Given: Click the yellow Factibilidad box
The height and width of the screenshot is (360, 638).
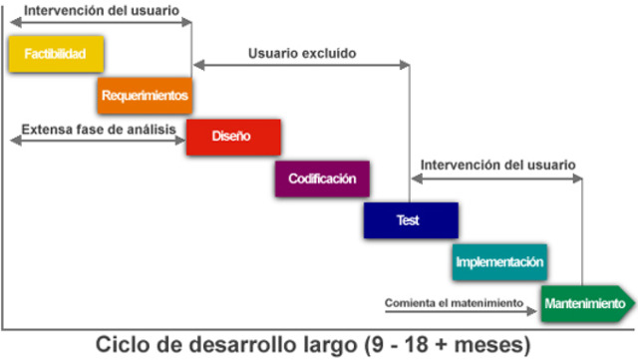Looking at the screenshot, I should coord(55,54).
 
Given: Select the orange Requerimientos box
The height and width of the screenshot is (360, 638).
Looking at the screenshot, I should coord(145,96).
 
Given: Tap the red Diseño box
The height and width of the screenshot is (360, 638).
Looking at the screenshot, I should coord(232,137).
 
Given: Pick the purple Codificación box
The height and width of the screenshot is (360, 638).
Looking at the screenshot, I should coord(322,180).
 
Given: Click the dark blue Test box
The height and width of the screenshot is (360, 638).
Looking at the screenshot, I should coord(410,220).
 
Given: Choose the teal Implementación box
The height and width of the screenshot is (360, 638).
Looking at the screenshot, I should coord(499,262).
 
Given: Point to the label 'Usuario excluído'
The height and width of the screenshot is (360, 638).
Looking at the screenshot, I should coord(301,52).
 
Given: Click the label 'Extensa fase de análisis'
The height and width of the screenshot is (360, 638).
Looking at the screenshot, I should coord(98,130).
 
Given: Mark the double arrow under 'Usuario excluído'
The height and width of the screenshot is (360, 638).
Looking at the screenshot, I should coord(301,66).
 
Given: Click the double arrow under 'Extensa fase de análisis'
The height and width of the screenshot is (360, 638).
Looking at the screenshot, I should coord(98,143).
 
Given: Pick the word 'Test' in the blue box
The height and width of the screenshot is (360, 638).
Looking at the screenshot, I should coord(409,220).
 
